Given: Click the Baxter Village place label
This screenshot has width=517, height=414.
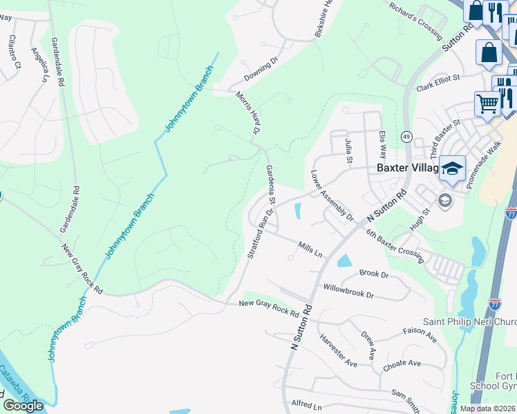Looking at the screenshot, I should click(407, 168).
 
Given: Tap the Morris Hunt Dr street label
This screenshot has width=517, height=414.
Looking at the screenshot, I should click(247, 112).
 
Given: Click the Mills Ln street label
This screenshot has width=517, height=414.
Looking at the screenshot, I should click(310, 249).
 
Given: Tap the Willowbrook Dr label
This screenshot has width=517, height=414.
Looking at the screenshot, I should click(348, 290).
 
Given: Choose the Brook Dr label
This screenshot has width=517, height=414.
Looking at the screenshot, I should click(374, 274).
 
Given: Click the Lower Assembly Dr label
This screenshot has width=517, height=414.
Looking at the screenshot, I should click(332, 196).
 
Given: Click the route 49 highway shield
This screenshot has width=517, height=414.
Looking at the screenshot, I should click(406, 137).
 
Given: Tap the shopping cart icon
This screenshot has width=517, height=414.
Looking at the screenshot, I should click(487, 104).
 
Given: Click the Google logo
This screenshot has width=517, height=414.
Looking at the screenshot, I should click(23, 405).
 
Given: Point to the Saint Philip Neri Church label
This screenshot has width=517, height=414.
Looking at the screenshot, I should click(469, 322).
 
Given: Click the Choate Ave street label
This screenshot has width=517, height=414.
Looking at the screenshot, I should click(402, 364).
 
